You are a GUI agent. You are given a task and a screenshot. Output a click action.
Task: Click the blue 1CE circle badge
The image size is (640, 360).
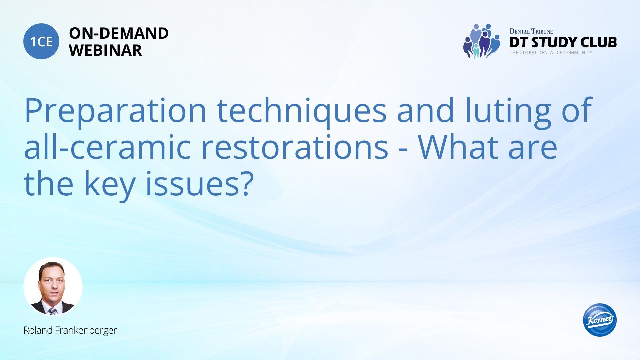[41, 41]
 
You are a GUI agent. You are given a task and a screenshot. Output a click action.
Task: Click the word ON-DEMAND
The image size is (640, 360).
[119, 33]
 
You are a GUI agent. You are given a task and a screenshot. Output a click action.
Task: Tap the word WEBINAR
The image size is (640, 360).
[105, 50]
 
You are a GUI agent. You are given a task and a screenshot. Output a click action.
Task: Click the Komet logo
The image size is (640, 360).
[600, 320]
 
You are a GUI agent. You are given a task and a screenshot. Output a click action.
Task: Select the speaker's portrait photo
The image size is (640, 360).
[53, 287]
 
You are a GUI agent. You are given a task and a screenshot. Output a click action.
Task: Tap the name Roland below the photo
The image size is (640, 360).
[38, 330]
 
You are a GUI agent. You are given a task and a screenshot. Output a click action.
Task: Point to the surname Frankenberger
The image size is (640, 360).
[86, 331]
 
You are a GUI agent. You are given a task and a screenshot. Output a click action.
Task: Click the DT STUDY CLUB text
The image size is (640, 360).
[563, 42]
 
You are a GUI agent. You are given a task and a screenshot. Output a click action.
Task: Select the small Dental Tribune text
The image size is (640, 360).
[531, 31]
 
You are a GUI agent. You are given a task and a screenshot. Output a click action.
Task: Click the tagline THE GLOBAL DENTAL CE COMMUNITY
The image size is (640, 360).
[551, 53]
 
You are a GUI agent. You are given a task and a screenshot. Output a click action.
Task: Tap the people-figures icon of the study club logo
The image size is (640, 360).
[481, 41]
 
